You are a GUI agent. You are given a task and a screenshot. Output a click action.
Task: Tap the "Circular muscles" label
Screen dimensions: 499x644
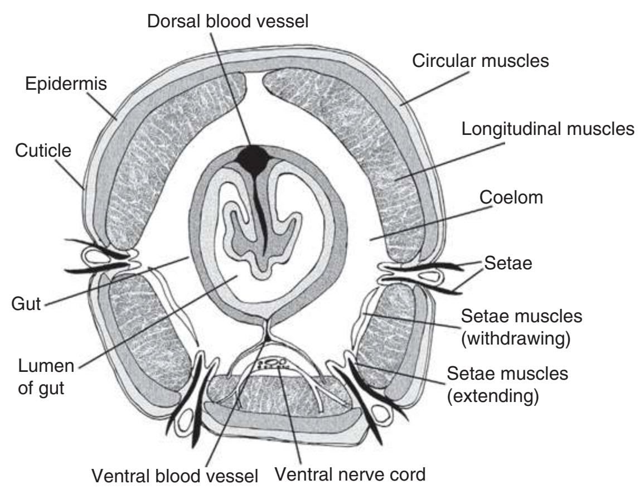tap(481, 61)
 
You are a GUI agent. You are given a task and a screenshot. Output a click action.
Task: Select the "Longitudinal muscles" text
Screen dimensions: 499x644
tap(549, 129)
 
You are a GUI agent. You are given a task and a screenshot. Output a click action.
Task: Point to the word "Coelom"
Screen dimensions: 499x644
tap(511, 197)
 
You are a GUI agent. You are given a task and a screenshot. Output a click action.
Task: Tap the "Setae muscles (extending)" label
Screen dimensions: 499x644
tap(508, 385)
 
